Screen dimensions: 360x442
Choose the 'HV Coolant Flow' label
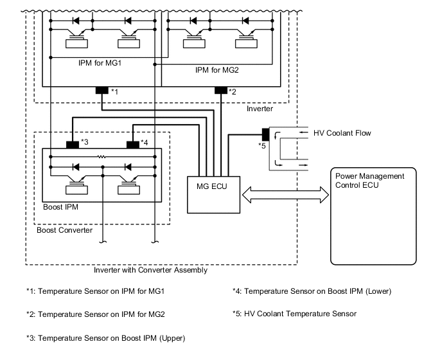(342, 133)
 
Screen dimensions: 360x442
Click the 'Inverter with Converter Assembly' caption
(150, 270)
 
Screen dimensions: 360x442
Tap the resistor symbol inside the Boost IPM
(102, 157)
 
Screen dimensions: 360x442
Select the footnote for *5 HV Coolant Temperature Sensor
(294, 314)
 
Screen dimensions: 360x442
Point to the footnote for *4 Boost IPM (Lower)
(312, 291)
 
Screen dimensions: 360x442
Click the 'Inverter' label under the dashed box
(260, 109)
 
